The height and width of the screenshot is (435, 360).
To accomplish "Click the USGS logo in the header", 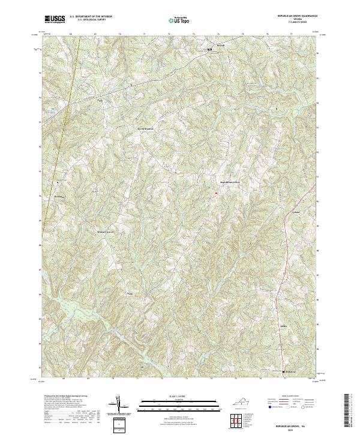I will tap(55, 19).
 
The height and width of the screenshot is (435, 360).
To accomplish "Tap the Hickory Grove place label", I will tap(105, 230).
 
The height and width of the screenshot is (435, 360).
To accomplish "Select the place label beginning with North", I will tap(146, 128).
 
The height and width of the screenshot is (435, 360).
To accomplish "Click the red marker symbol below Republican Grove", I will tap(215, 193).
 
